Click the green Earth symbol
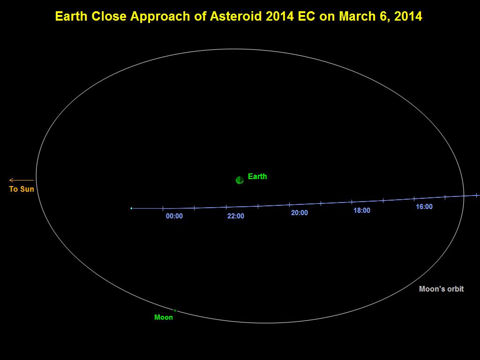(x=240, y=180)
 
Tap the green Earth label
(x=257, y=176)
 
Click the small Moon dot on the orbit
(x=175, y=310)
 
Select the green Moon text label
(x=164, y=317)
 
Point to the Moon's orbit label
(x=441, y=289)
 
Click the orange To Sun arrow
(x=22, y=180)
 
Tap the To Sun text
(x=22, y=189)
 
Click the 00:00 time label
(x=174, y=216)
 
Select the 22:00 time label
(x=236, y=216)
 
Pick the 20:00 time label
(x=300, y=213)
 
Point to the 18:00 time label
(x=362, y=210)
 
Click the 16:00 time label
(x=424, y=207)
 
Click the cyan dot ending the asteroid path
(x=131, y=208)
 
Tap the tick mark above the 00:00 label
(x=163, y=208)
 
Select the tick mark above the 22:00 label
(x=226, y=207)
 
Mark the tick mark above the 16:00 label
(x=414, y=199)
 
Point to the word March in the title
(x=357, y=16)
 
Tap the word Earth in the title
(x=72, y=16)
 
